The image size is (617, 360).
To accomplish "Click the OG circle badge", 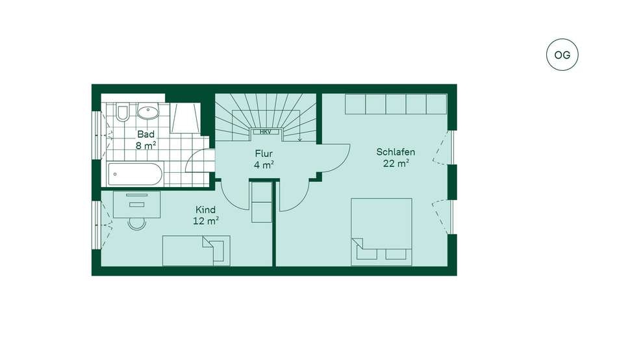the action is [x=562, y=55].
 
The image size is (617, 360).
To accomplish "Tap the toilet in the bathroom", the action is [x=122, y=112].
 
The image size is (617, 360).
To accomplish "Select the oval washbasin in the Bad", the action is [x=147, y=112].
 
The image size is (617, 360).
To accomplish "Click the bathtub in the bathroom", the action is [x=135, y=174].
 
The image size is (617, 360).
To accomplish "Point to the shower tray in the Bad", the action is [x=185, y=118].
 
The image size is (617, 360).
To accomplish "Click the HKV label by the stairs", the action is [x=265, y=132].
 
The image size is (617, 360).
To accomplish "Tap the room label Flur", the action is [x=264, y=153].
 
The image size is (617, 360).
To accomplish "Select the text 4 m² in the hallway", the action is [x=264, y=165].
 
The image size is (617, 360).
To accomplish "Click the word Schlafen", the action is [x=396, y=152].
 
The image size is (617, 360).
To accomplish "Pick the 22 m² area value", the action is [x=396, y=163].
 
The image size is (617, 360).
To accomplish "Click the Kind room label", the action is [x=205, y=209].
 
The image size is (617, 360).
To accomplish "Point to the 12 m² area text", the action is [x=206, y=221].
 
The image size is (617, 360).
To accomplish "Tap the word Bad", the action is [x=145, y=135].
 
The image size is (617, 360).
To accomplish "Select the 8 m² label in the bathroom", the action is [x=145, y=146].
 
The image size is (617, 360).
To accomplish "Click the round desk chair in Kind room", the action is [x=137, y=224].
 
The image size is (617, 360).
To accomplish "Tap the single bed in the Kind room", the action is [x=196, y=250].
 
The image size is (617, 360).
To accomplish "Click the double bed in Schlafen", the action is [x=381, y=231].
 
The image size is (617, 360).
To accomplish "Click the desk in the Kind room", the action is [x=136, y=204].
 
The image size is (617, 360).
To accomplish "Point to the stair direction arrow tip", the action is [x=300, y=140].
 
